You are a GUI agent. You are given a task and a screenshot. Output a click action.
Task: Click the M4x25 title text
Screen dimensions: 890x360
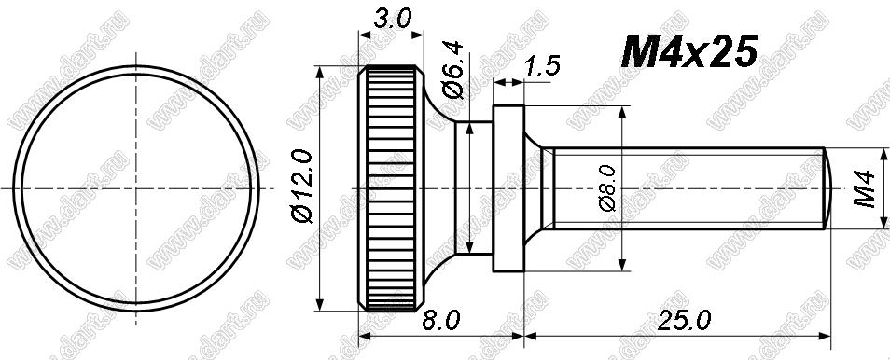[x=689, y=51]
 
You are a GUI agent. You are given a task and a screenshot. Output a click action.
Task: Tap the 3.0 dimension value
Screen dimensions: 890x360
[x=392, y=20]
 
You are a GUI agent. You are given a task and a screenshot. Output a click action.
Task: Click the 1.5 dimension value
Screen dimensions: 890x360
[x=541, y=65]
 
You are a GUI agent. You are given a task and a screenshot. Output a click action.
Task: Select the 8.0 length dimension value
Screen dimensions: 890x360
[x=441, y=322]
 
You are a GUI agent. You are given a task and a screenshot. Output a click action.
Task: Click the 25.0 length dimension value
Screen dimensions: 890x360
[x=684, y=322]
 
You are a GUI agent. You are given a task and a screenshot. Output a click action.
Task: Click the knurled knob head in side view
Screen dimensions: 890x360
[x=391, y=188]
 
